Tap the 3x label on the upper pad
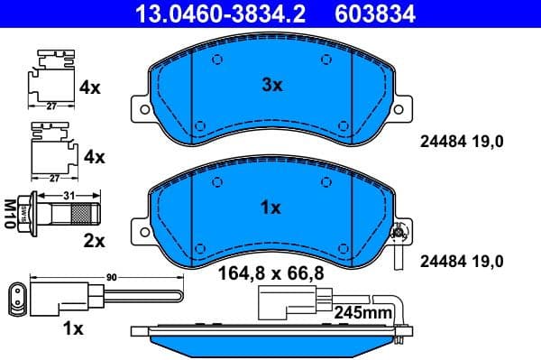(x=271, y=86)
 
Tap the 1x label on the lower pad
(x=270, y=208)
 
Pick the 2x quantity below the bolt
(x=95, y=241)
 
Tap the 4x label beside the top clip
(x=91, y=88)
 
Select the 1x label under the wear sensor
(x=72, y=328)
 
